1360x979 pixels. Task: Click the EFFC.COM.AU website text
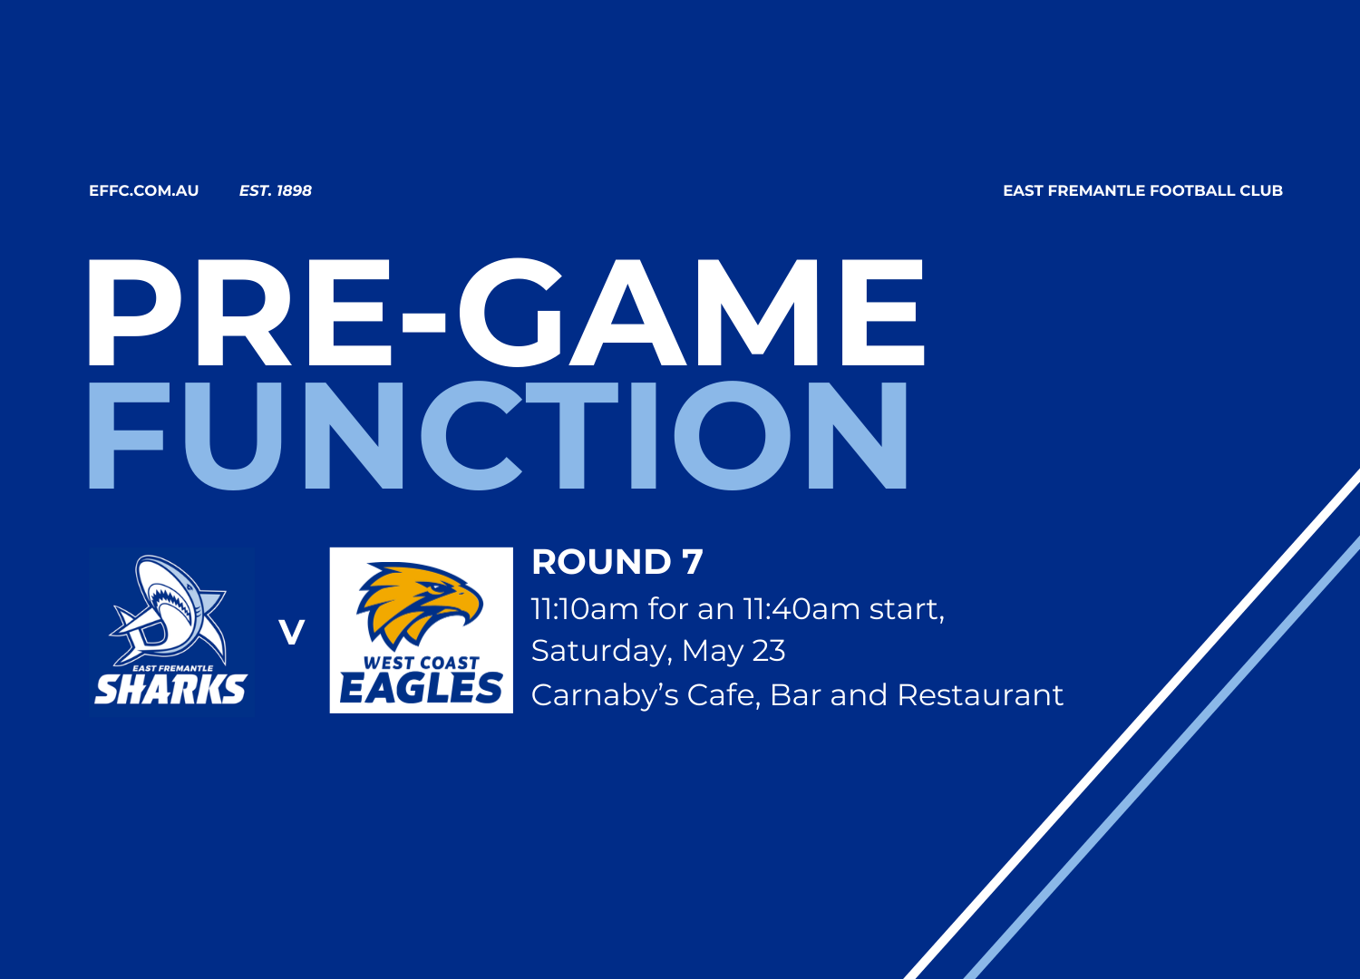click(144, 190)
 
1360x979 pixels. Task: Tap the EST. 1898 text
click(275, 190)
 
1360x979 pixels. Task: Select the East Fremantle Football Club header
click(1142, 190)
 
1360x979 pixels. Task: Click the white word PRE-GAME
click(506, 313)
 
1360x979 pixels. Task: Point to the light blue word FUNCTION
click(498, 436)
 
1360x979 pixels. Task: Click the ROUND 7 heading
click(617, 561)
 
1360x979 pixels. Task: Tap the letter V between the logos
click(291, 633)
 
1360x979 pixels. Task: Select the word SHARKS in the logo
click(170, 690)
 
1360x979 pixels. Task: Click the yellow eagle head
click(419, 604)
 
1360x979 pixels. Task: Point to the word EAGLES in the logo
click(421, 688)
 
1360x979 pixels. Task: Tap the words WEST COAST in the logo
click(422, 663)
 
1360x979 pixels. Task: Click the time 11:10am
click(585, 609)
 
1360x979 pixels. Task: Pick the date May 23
click(733, 651)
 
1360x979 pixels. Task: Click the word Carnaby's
click(605, 696)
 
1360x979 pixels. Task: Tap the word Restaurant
click(980, 695)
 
